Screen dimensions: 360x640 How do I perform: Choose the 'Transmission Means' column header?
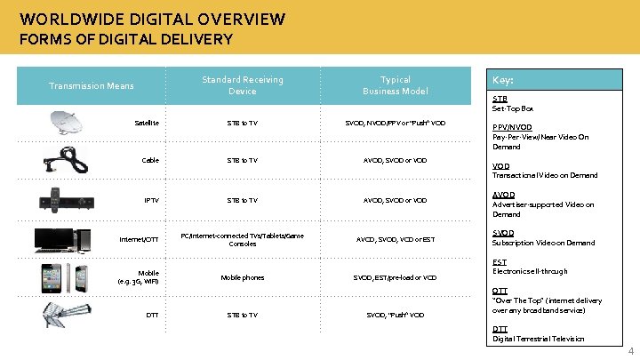pyautogui.click(x=91, y=85)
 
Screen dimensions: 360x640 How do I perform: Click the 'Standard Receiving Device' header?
pyautogui.click(x=242, y=85)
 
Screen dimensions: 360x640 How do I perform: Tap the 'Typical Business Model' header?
pyautogui.click(x=395, y=85)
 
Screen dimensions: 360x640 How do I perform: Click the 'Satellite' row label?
pyautogui.click(x=147, y=123)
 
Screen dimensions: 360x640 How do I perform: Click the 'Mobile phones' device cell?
pyautogui.click(x=242, y=277)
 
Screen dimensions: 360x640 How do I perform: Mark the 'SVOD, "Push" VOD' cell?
pyautogui.click(x=395, y=315)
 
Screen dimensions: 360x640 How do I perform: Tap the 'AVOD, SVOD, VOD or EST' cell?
pyautogui.click(x=395, y=238)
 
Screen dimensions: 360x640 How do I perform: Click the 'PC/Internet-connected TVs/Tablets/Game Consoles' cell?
pyautogui.click(x=242, y=238)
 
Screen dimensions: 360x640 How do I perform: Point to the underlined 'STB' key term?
pyautogui.click(x=500, y=99)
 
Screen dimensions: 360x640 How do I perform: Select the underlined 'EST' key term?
pyautogui.click(x=500, y=262)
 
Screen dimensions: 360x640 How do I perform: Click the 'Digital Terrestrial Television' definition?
pyautogui.click(x=539, y=339)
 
